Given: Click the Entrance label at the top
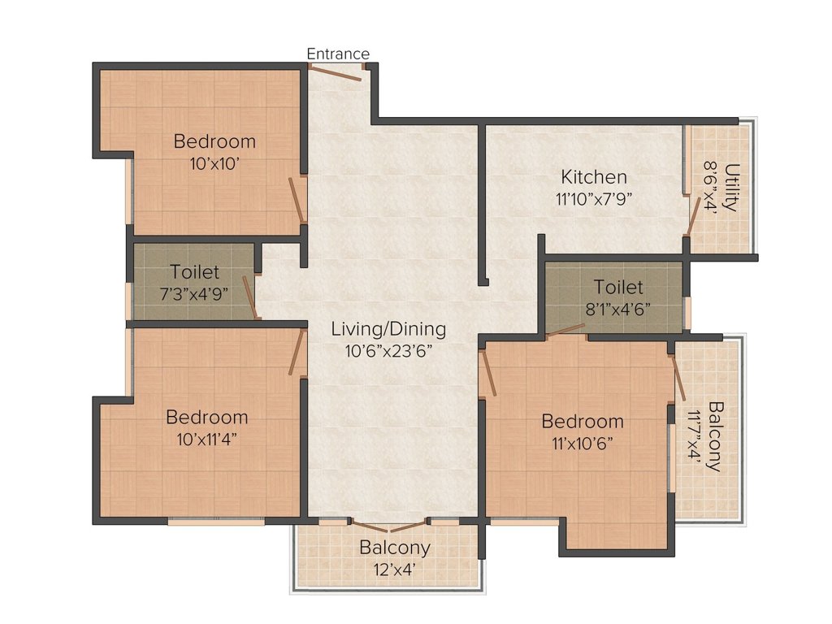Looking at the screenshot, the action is [338, 54].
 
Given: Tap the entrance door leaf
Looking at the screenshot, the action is [336, 72].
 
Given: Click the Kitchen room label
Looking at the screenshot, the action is [594, 176].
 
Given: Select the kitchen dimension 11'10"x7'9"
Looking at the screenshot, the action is [594, 200].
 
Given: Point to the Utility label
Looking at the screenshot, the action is [731, 188].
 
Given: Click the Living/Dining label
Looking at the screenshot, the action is [388, 329].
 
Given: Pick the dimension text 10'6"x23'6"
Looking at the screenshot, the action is [388, 351].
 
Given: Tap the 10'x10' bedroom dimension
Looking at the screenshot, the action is [214, 164].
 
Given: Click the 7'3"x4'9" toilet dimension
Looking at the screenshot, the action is [194, 294].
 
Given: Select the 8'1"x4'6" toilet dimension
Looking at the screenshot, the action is [618, 309].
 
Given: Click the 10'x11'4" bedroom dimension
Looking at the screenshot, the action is [207, 440].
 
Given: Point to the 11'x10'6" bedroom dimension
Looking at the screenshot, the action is [583, 443].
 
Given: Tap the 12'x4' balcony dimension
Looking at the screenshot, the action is [394, 570].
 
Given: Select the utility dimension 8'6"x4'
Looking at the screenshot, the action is [709, 188].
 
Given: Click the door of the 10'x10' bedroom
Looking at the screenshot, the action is [297, 200].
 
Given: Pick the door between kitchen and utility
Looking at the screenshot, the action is [692, 216].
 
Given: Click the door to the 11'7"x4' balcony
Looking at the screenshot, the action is [678, 377].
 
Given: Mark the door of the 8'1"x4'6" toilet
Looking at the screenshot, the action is [565, 330].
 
